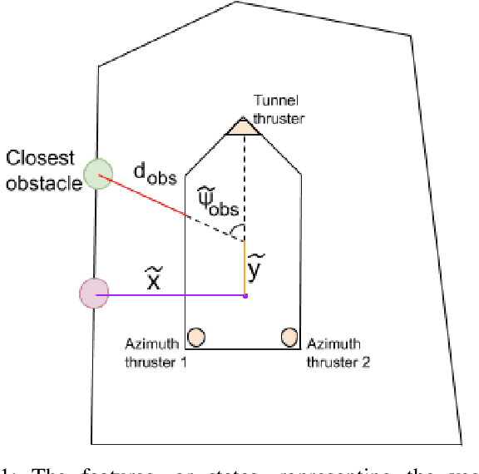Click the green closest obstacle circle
(98, 174)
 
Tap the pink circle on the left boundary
(93, 294)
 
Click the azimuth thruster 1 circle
(196, 336)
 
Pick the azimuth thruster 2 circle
(289, 336)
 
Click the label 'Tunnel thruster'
(279, 111)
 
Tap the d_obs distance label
(154, 175)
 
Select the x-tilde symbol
(153, 279)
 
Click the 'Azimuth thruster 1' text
(156, 353)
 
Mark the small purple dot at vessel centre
(244, 295)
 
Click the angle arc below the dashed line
(238, 229)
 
